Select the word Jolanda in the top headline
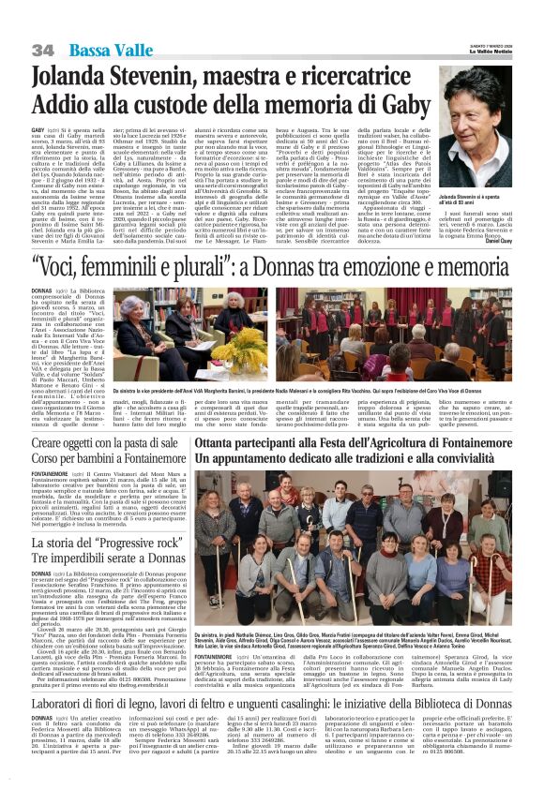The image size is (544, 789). [x=76, y=77]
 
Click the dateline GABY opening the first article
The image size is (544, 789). [x=38, y=128]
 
